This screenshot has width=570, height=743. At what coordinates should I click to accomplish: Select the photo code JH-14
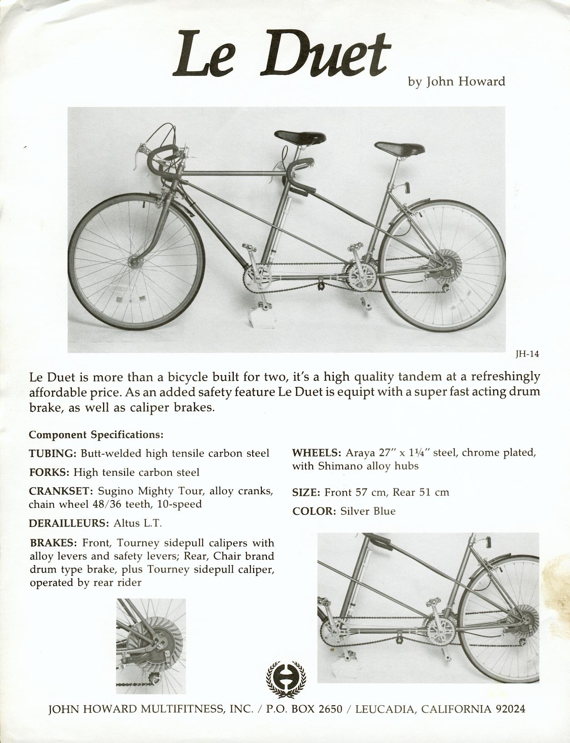pos(527,355)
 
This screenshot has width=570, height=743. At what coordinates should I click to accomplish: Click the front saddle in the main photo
pos(300,136)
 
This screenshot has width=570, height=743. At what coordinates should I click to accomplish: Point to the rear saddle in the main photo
pos(399,148)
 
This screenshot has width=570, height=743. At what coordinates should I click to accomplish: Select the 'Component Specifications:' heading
pos(96,435)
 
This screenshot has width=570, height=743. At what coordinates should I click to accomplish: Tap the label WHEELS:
pos(316,453)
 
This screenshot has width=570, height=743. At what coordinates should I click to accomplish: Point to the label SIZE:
pos(307,492)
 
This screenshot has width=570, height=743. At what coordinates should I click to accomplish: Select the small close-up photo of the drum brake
pos(151,646)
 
